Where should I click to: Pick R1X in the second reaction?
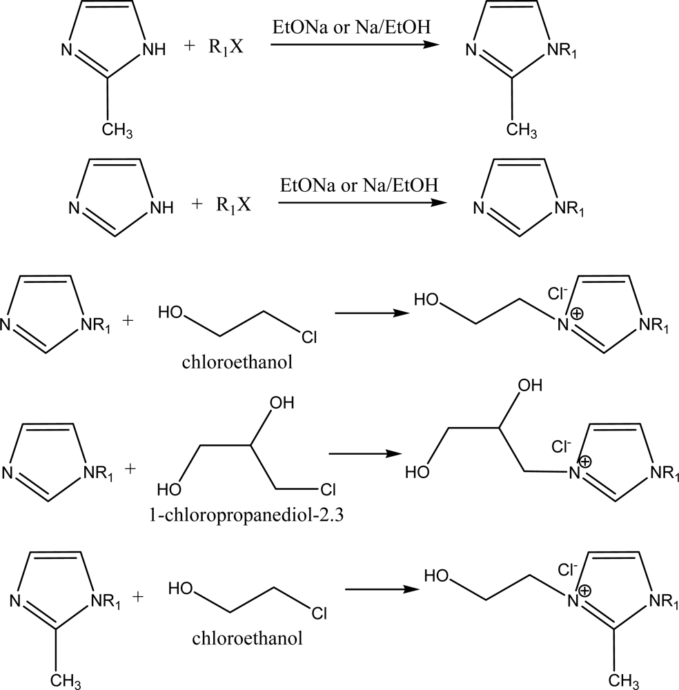(232, 205)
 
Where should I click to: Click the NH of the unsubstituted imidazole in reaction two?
(158, 205)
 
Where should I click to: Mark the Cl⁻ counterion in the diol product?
(560, 447)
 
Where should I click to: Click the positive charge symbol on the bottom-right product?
(585, 591)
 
